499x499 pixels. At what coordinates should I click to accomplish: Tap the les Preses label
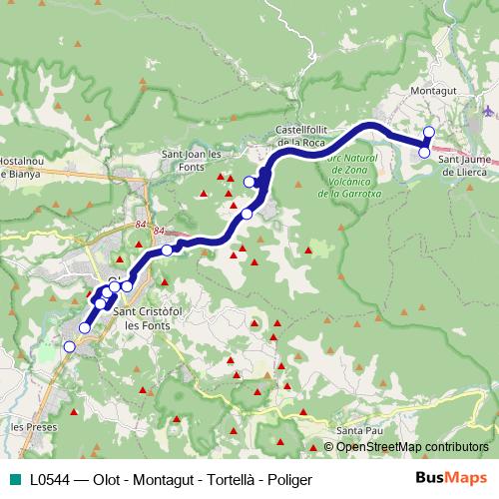pos(31,426)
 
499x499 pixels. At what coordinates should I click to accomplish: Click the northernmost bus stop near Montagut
pos(429,132)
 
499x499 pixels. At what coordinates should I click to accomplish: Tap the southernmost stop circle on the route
pos(69,346)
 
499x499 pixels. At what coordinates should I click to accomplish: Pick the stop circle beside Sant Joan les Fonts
pos(249,182)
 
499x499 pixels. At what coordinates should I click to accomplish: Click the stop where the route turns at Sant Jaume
pos(424,152)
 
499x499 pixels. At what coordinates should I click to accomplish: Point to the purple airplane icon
pos(486,111)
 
